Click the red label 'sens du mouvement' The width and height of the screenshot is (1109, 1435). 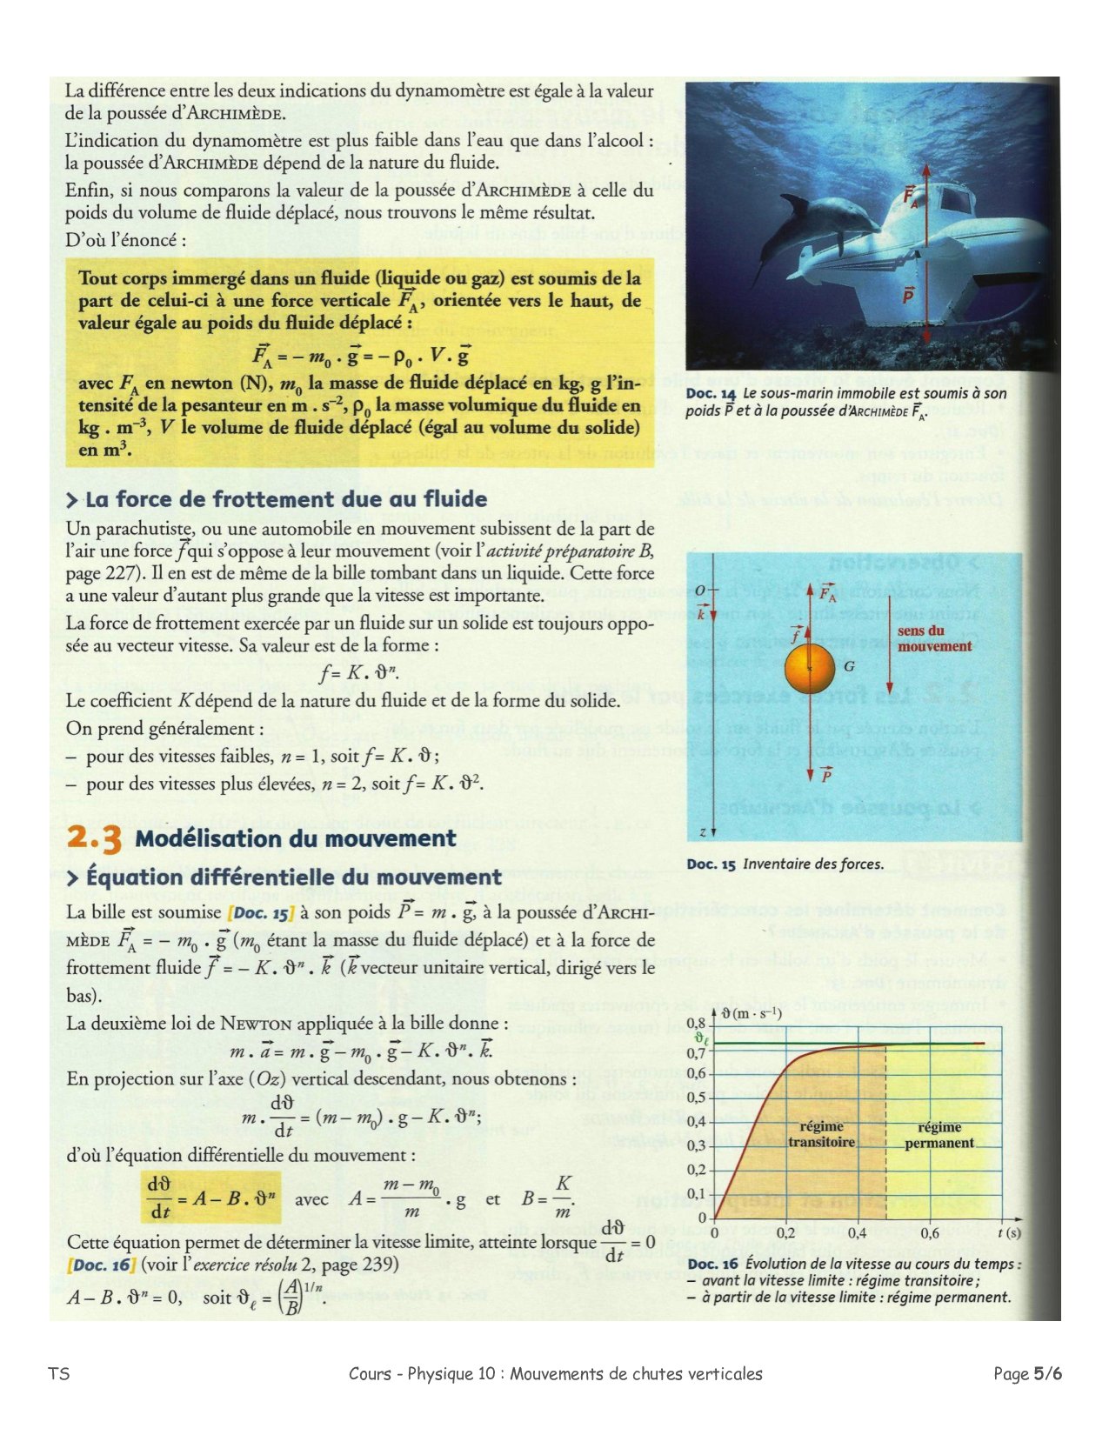tap(934, 639)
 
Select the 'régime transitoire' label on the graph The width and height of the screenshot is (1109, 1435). tap(821, 1134)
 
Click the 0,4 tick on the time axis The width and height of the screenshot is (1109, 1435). tap(857, 1232)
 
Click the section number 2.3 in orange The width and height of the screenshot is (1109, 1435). tap(94, 838)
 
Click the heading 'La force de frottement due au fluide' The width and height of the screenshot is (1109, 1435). tap(285, 499)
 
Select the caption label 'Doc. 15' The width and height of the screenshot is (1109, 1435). tap(711, 864)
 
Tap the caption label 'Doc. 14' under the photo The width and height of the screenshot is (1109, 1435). tap(711, 394)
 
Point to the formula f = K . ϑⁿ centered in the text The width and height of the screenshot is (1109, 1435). tap(359, 672)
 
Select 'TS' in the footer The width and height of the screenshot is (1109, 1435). tap(59, 1374)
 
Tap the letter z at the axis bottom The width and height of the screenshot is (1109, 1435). tap(701, 832)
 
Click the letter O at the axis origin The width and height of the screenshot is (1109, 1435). tap(700, 591)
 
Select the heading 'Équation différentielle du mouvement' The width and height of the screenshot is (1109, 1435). tap(293, 878)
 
